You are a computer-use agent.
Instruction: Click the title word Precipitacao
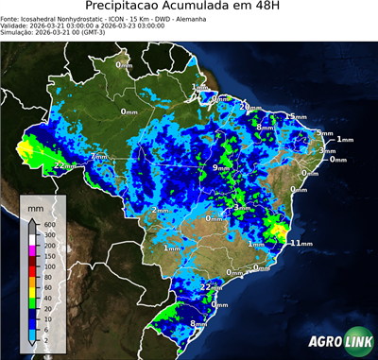click(141, 8)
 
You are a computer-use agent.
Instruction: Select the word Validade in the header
click(16, 26)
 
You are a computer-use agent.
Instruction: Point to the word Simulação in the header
click(19, 34)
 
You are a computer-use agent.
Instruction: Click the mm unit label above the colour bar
click(36, 205)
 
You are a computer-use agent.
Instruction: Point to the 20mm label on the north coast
click(249, 107)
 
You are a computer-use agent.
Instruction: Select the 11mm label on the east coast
click(301, 243)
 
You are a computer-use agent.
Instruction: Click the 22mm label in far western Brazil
click(65, 165)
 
